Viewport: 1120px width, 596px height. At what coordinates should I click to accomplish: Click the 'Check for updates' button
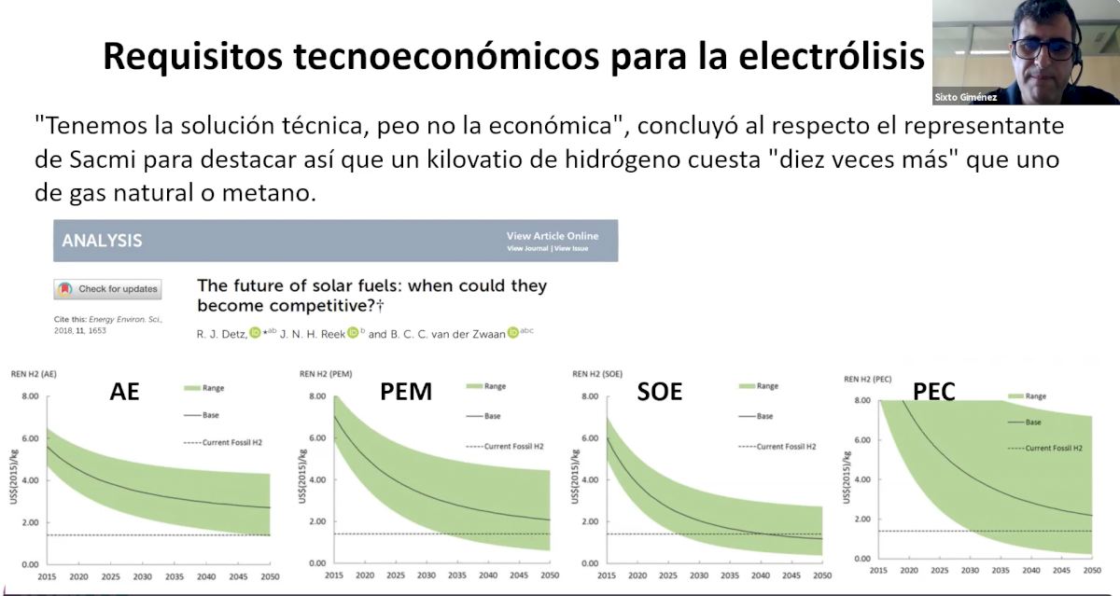coord(107,289)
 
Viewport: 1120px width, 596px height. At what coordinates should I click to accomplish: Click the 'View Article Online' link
coord(553,236)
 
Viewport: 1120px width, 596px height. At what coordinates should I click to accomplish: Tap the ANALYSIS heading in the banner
coord(102,241)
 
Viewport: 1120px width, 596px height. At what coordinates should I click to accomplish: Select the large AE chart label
coord(124,392)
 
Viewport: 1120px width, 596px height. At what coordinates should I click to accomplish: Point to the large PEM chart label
coord(406,392)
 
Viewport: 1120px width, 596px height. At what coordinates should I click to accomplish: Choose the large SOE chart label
coord(660,392)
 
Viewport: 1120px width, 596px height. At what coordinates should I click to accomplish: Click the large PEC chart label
coord(933,392)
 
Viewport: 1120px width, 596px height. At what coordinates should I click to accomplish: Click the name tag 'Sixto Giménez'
coord(965,97)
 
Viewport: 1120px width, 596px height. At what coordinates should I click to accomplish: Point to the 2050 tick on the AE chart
coord(270,576)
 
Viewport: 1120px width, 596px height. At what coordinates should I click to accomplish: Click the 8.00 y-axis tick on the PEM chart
coord(318,396)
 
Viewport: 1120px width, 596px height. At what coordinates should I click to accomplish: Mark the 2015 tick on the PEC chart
coord(878,570)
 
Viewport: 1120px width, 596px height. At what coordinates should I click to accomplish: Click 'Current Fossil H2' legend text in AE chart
coord(231,441)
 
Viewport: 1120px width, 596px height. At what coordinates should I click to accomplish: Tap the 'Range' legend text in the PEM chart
coord(495,386)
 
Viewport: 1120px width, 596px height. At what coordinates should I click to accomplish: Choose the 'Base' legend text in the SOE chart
coord(766,416)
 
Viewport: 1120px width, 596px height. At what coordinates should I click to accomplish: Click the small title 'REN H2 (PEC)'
coord(868,379)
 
